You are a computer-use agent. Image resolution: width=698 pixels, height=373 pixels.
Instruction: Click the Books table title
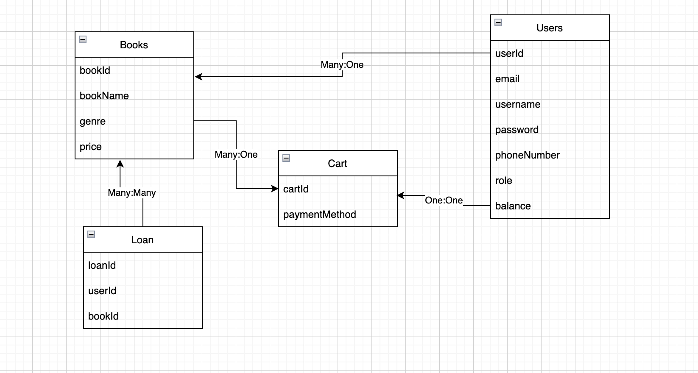tap(134, 45)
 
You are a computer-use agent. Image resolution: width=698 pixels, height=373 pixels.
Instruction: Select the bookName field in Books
tap(104, 96)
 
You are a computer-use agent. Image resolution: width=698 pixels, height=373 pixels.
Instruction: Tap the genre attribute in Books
tap(92, 121)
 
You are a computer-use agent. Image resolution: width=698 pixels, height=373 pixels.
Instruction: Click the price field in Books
tap(91, 147)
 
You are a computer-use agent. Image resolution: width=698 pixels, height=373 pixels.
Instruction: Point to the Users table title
tap(550, 28)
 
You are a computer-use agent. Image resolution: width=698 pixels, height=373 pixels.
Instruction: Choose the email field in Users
tap(507, 79)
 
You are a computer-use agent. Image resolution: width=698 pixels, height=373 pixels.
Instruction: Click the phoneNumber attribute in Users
tap(527, 155)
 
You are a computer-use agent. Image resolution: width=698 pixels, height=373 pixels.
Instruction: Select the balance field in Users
tap(513, 206)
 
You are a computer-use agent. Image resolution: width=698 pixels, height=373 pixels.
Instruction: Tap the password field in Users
tap(517, 130)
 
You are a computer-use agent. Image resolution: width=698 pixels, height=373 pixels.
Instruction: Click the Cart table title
tap(338, 164)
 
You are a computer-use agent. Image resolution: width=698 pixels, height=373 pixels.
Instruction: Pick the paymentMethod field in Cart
tap(319, 214)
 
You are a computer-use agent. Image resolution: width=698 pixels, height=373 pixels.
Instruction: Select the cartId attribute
tap(296, 189)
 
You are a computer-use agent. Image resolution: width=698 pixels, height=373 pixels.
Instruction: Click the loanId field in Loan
tap(102, 265)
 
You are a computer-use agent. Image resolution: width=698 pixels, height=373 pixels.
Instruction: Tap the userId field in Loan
tap(102, 291)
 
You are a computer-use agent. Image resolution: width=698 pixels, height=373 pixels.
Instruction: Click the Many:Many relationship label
tap(132, 193)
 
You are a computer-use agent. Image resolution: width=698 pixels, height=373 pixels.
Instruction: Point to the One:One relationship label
tap(444, 200)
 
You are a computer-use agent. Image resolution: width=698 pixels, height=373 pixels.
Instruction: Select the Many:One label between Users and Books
tap(342, 65)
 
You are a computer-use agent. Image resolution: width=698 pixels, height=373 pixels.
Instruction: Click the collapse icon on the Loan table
tap(91, 234)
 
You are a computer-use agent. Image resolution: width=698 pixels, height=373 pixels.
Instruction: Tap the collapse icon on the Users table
tap(498, 22)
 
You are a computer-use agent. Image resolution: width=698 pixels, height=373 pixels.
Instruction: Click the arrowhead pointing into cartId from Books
tap(275, 189)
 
